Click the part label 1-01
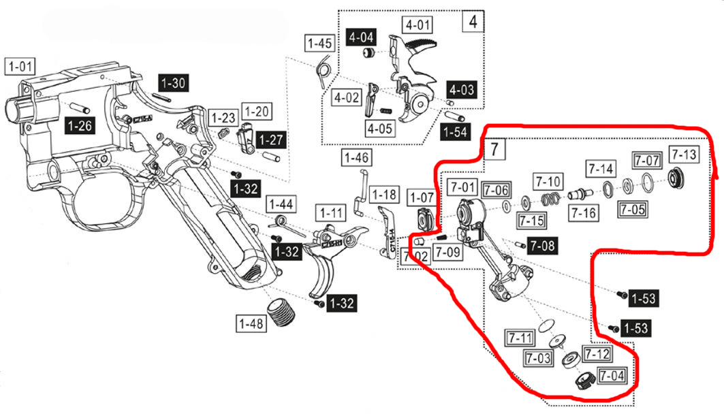coord(20,67)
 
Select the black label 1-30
coord(173,83)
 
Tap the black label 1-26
coord(80,125)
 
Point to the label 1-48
coord(251,324)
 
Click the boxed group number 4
coord(473,22)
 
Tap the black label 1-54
coord(455,131)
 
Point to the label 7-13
coord(683,155)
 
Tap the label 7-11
coord(519,336)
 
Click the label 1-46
coord(356,159)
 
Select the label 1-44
coord(281,204)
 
